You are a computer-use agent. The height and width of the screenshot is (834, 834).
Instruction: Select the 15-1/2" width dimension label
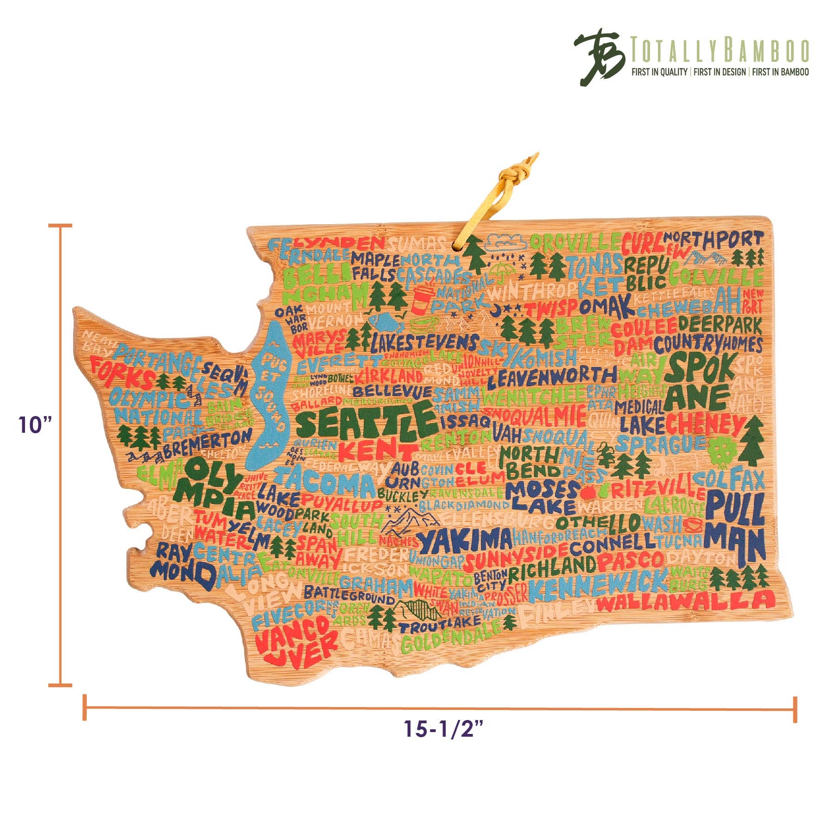pos(443,728)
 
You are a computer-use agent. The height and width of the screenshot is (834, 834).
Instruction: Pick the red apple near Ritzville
pos(588,492)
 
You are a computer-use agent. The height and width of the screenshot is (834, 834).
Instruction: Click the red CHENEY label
pos(704,424)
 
